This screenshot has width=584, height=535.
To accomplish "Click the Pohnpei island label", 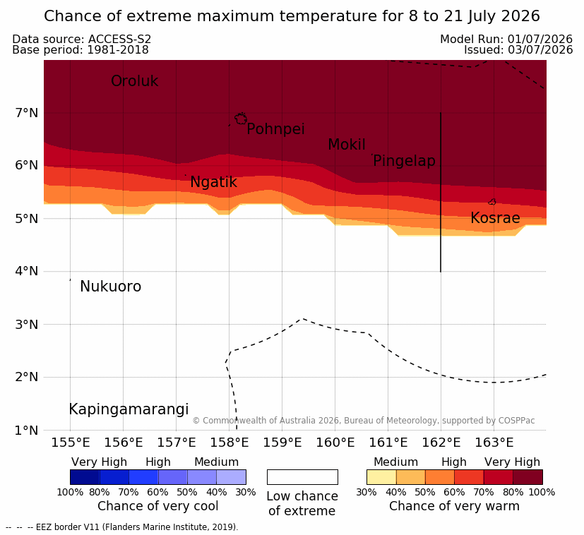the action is point(275,129).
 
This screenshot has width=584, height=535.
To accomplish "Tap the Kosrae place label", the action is point(495,218).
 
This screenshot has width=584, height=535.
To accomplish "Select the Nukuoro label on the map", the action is point(111,287).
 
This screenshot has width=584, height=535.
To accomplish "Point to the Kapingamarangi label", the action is point(129,409).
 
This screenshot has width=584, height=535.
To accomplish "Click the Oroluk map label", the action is point(134,81).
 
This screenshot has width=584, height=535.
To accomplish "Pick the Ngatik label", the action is point(213,182).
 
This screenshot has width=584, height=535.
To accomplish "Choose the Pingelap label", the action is point(404,161).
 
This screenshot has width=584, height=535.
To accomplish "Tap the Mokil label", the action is point(347,145).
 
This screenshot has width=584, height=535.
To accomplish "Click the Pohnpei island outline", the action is point(241,119).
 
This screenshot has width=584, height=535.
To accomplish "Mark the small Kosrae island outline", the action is point(492,202).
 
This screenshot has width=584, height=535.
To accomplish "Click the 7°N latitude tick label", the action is point(27,112).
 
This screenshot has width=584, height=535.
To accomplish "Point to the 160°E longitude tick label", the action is point(335,443).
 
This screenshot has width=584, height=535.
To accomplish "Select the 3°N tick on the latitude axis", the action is point(27,325).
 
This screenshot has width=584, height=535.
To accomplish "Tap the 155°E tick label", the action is point(71,443).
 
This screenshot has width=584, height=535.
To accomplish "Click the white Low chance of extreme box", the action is point(302,477).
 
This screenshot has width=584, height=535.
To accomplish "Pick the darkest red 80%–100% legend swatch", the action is point(528,477).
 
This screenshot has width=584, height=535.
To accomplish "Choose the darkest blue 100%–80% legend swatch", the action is point(85,477).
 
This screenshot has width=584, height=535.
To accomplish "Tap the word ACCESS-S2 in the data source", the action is point(119,39).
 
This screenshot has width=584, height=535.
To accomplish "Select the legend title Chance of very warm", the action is point(454,506).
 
